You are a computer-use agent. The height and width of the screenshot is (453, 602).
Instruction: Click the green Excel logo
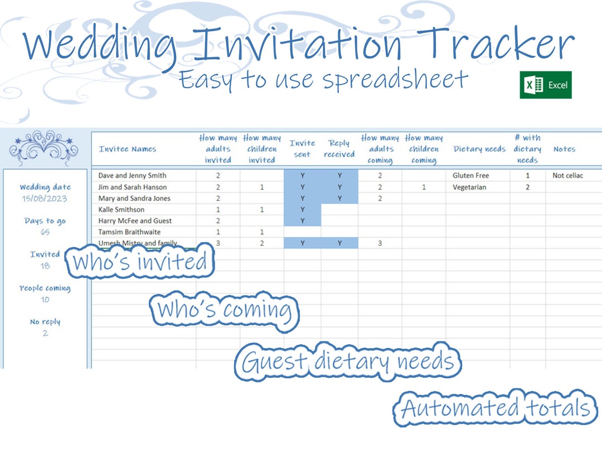545,85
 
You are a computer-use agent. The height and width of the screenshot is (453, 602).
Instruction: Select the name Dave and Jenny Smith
132,175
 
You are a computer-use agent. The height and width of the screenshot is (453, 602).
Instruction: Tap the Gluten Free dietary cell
470,175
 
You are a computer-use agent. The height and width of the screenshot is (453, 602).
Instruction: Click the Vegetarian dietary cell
469,187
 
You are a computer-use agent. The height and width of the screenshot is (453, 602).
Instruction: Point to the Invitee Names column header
128,149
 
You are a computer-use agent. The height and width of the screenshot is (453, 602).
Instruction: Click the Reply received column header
339,149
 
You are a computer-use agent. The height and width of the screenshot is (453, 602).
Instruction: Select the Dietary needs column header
479,149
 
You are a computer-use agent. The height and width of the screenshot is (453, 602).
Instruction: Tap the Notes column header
564,149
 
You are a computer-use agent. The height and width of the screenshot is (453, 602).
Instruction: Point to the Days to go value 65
45,232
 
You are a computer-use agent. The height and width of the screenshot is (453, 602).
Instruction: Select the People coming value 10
45,300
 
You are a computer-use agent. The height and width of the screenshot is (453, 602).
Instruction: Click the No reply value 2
45,333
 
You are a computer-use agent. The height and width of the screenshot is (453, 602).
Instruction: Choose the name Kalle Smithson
121,209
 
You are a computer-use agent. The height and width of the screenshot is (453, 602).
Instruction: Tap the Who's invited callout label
140,262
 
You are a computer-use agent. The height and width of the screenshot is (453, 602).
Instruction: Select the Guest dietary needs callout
349,362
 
